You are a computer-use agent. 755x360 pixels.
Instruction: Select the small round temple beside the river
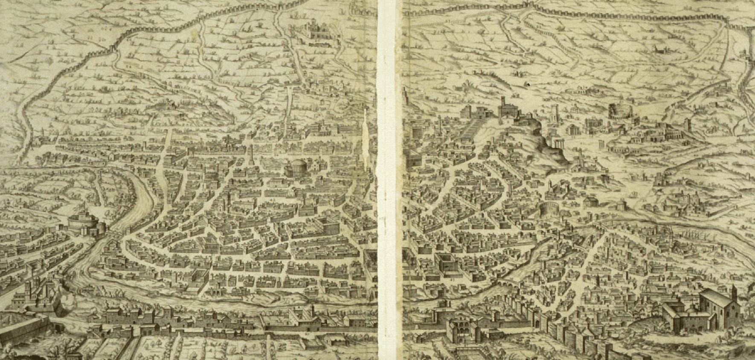coord(590,200)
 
